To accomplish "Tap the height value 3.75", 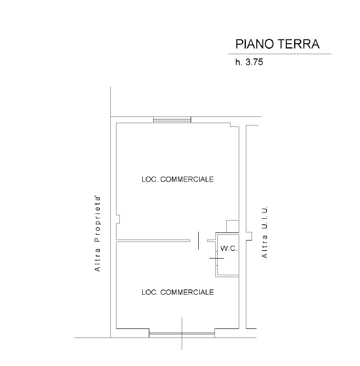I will click(254, 62).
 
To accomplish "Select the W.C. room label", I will click(227, 249).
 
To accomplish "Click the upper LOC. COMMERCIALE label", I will click(177, 179).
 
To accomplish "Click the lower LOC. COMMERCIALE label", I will click(177, 292).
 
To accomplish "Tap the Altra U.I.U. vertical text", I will click(265, 232).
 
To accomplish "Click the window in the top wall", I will click(172, 120).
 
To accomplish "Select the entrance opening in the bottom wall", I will click(182, 334).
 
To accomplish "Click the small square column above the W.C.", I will click(232, 226).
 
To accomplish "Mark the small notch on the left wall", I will click(118, 219).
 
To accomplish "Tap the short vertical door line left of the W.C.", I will click(199, 240).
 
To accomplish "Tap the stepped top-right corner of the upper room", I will click(234, 125).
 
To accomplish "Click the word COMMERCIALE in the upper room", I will click(187, 179).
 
